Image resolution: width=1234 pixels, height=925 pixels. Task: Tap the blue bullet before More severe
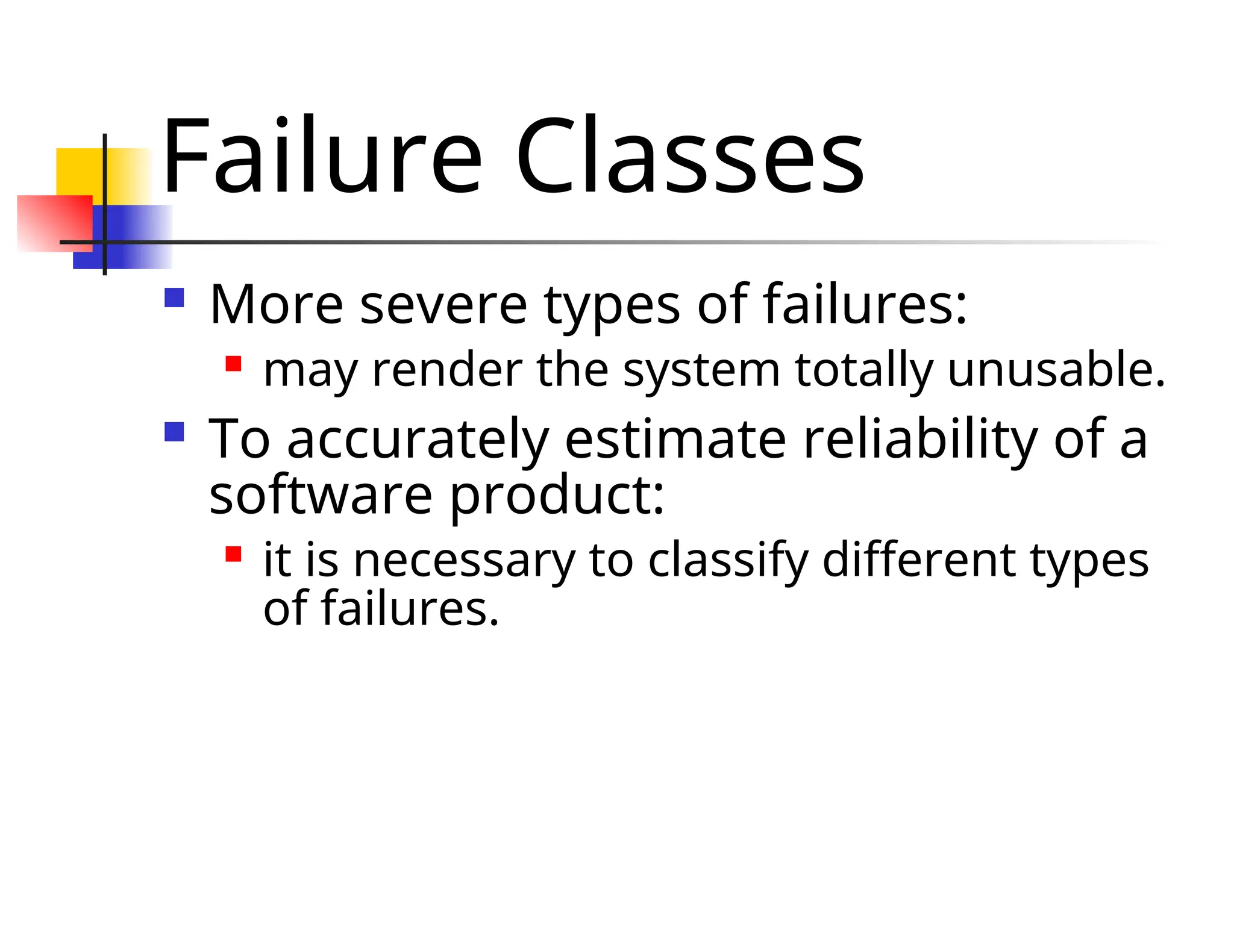point(174,298)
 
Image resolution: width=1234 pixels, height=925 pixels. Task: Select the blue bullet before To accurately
point(174,432)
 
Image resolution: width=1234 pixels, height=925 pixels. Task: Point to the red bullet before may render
point(233,364)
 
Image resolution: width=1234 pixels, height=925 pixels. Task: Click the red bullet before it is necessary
point(233,554)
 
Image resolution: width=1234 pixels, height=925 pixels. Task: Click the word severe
point(443,305)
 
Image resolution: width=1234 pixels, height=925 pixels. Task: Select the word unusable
point(1056,369)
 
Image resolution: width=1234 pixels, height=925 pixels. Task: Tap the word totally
point(864,369)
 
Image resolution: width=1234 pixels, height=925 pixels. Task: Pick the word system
point(701,370)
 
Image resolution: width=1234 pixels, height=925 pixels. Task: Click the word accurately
point(418,440)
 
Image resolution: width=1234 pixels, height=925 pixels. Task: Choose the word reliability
point(921,439)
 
